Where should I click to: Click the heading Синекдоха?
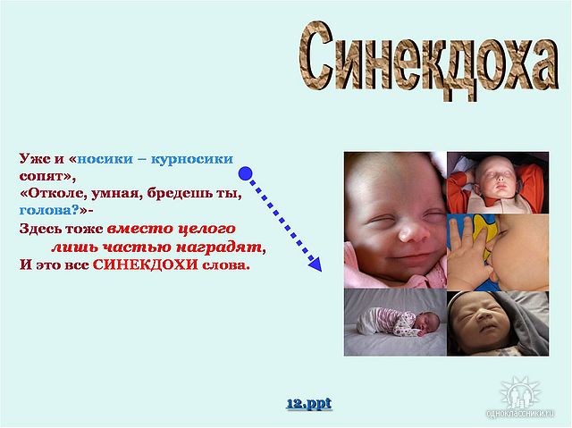point(429,61)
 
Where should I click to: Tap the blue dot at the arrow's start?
point(246,173)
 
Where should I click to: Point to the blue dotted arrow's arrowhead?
point(315,264)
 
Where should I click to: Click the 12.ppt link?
point(309,404)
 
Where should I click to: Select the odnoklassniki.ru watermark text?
point(520,413)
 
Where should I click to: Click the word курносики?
point(192,159)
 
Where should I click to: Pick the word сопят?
point(42,176)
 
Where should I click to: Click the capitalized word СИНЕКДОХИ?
point(145,264)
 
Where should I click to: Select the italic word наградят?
point(219,247)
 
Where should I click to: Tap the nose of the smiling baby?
point(409,234)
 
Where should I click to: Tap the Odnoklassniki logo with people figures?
point(521,393)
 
